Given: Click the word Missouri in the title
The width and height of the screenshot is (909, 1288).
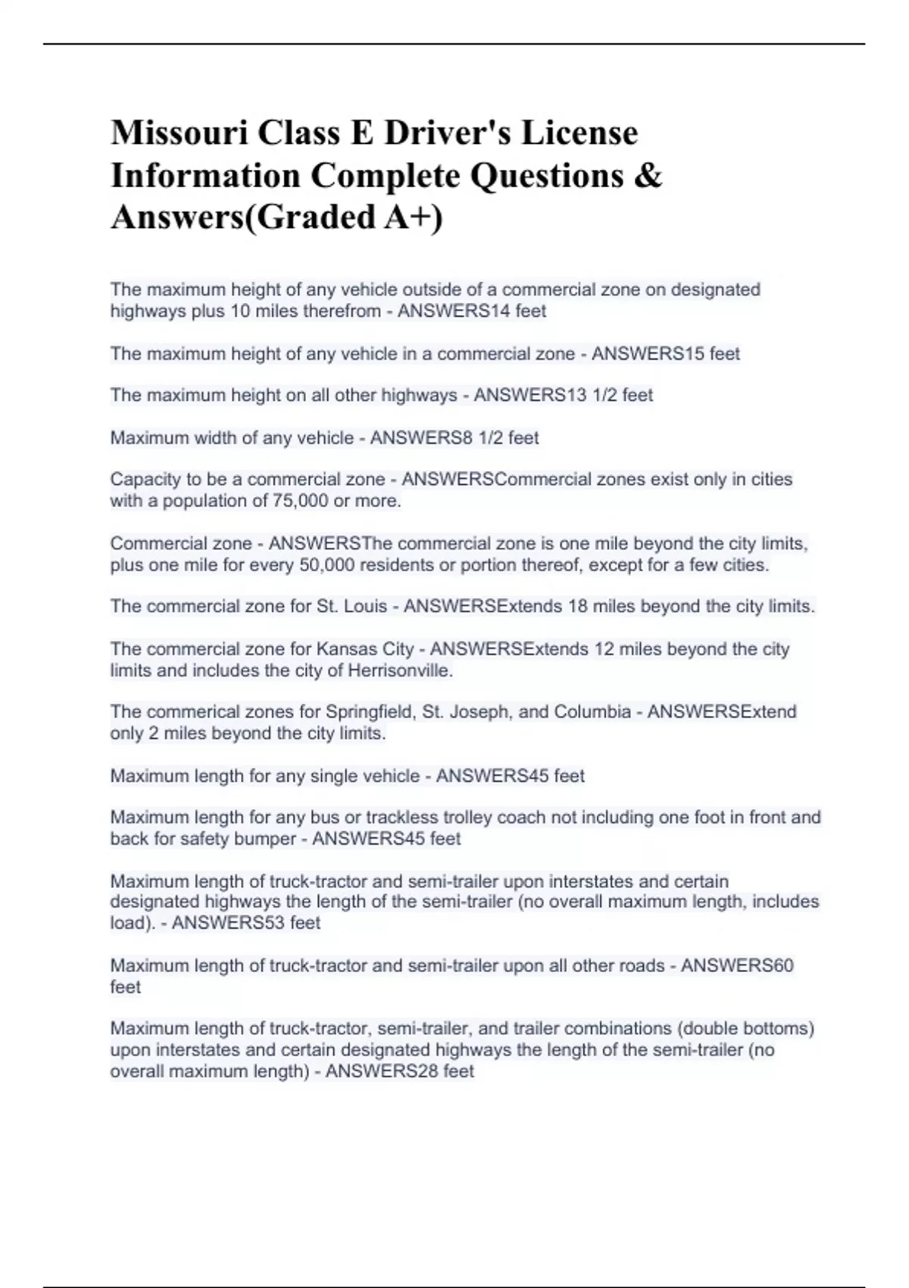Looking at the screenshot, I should pos(178,133).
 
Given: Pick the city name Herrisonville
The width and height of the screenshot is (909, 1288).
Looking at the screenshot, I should pos(399,671).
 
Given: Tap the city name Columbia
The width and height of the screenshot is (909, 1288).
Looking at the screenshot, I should pos(592,712).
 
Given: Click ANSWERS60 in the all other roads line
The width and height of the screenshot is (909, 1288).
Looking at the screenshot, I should pos(737,966).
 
